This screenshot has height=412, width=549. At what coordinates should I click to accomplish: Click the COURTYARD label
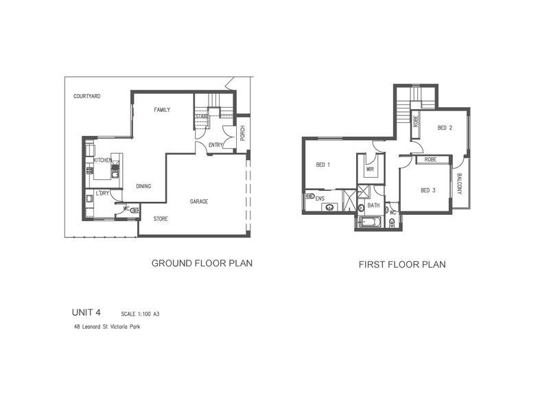(87, 97)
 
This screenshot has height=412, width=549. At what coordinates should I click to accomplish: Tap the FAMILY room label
(162, 110)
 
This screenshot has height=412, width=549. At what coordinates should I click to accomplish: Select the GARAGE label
(199, 201)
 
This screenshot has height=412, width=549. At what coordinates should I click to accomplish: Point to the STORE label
(161, 219)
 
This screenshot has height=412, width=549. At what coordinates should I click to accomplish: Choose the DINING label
(143, 186)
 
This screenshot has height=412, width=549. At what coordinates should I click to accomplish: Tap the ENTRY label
(215, 145)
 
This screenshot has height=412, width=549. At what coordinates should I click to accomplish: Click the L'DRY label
(103, 194)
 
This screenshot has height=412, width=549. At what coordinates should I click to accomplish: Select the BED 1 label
(323, 165)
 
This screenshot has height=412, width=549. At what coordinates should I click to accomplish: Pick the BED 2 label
(445, 128)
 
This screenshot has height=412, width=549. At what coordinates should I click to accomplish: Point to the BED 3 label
(428, 190)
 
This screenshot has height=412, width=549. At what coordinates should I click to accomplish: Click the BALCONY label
(460, 183)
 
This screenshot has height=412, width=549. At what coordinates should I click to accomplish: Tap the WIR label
(370, 169)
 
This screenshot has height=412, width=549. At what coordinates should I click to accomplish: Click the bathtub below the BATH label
(370, 222)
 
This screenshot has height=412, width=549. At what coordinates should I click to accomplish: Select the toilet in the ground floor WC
(134, 211)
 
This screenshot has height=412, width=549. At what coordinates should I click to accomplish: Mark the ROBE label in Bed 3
(430, 159)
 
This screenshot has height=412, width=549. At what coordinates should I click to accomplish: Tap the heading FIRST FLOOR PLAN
(402, 264)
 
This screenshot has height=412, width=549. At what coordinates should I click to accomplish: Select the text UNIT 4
(91, 312)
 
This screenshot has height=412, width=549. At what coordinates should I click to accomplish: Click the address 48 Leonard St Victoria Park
(107, 327)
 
